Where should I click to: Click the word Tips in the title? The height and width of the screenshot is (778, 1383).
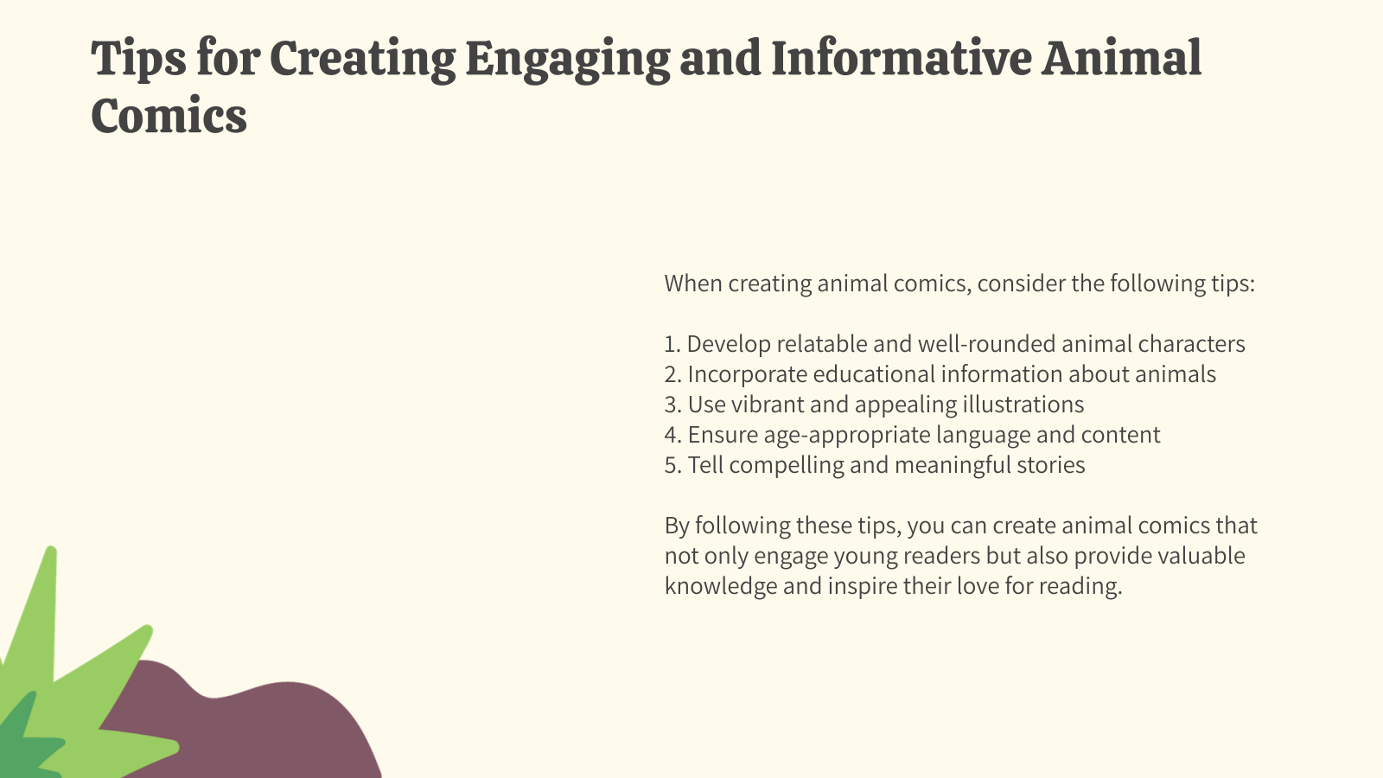click(x=138, y=59)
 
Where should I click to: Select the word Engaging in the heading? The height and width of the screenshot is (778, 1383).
click(x=567, y=59)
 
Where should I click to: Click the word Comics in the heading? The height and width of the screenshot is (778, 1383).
click(x=169, y=116)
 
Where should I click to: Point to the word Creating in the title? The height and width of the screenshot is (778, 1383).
click(x=362, y=59)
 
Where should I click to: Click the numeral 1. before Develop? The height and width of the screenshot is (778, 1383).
click(x=672, y=344)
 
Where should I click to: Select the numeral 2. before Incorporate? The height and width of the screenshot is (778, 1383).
click(x=672, y=374)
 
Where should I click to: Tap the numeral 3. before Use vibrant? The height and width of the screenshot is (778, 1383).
click(x=672, y=405)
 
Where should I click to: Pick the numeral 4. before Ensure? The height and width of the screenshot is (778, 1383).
click(x=672, y=435)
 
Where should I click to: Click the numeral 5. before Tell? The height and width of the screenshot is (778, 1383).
click(x=672, y=465)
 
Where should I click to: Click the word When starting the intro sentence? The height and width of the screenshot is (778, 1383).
click(x=693, y=284)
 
